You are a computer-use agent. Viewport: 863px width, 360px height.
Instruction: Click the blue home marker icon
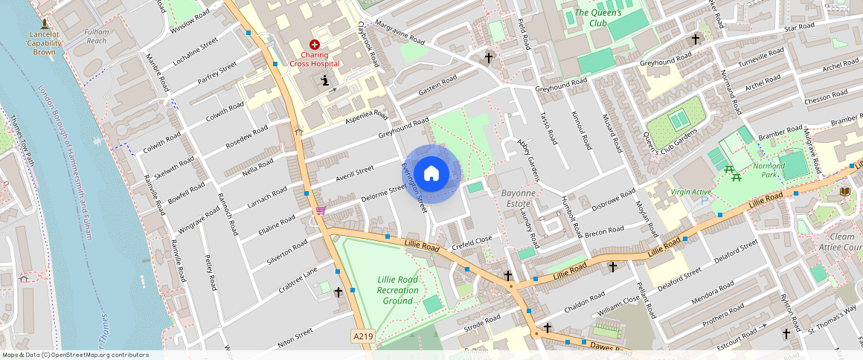point(431,174)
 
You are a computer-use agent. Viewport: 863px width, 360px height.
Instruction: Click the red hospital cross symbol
point(315,45)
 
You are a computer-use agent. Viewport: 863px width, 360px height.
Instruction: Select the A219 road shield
point(362,337)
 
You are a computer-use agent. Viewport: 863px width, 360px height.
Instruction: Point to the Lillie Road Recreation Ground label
point(397,290)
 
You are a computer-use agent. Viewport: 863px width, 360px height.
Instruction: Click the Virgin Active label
point(691,191)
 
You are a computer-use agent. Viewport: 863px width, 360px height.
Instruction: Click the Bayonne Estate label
point(518,197)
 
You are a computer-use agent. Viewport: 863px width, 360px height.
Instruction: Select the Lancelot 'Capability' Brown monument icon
point(45,25)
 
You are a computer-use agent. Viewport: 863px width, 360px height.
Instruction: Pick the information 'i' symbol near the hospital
point(324,80)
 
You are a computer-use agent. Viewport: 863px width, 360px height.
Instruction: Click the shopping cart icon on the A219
point(321,210)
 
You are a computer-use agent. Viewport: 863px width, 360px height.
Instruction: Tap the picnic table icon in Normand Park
point(731,173)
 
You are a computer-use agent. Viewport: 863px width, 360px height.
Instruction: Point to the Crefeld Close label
point(472,240)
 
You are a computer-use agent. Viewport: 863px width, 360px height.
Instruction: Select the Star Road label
point(800,28)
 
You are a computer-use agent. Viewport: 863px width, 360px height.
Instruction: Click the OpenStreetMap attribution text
point(76,355)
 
